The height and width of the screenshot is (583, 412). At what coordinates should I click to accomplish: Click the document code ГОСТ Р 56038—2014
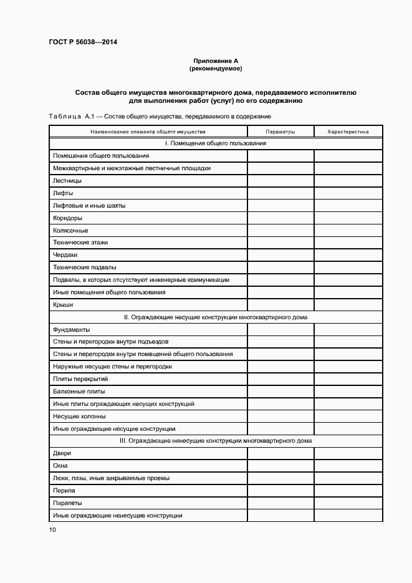83,42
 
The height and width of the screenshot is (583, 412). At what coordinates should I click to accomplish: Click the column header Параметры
280,132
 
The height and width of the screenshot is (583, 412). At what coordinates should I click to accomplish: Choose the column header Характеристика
348,132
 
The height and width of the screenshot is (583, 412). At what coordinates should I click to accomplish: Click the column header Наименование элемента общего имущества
148,132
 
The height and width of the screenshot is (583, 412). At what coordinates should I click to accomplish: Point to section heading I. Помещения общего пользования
215,143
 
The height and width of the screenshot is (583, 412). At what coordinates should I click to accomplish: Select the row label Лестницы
67,181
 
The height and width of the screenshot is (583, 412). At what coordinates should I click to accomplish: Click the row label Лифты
64,193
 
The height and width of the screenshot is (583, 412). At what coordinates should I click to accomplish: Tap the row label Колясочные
70,230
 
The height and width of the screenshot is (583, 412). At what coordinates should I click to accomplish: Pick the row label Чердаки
65,255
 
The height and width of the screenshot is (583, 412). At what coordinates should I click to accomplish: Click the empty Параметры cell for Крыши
280,304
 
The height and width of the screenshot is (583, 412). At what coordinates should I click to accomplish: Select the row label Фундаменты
72,329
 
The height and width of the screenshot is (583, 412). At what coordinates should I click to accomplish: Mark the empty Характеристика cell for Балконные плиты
348,392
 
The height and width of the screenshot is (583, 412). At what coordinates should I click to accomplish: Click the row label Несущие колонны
79,416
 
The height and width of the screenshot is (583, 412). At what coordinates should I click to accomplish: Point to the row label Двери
62,453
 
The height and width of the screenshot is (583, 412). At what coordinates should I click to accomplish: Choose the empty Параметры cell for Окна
280,466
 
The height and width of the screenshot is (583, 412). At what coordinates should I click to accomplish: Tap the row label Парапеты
68,503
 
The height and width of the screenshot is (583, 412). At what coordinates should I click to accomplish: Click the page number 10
52,530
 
